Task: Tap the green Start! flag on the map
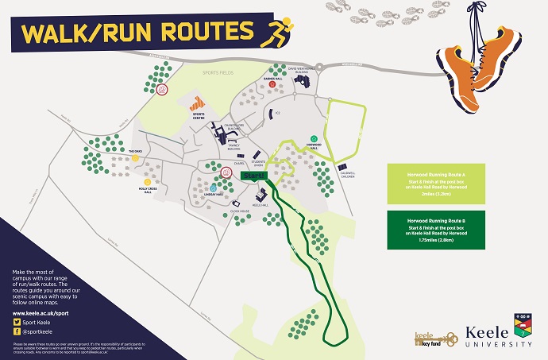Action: click(253, 175)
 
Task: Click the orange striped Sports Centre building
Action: click(198, 103)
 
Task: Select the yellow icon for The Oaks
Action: click(136, 158)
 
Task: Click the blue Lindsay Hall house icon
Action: click(212, 187)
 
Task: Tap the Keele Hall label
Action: click(260, 204)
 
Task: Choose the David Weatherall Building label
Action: click(308, 69)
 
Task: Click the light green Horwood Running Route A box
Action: click(438, 184)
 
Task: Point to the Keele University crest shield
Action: click(522, 323)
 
